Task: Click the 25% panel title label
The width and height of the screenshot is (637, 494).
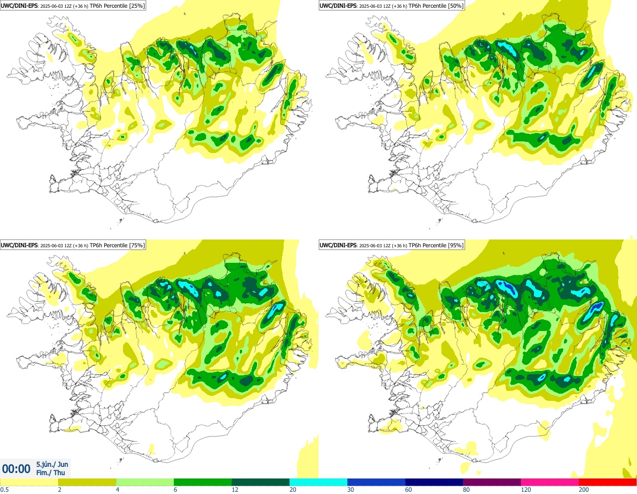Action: pos(73,6)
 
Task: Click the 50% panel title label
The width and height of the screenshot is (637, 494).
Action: pos(392,6)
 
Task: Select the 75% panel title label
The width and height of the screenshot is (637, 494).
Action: pos(73,245)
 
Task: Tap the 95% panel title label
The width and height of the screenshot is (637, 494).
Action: pos(392,245)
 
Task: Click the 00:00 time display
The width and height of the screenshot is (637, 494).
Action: pos(16,469)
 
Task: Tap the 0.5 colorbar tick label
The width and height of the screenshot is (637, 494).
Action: pos(4,490)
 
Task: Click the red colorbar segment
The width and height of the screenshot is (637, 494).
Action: pos(608,482)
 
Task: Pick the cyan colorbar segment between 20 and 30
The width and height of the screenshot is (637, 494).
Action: pos(318,482)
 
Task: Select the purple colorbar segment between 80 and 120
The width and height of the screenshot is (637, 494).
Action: pos(492,482)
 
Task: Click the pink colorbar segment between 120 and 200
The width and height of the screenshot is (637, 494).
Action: pos(549,482)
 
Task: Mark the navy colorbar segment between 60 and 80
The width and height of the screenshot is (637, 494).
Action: pos(434,482)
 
